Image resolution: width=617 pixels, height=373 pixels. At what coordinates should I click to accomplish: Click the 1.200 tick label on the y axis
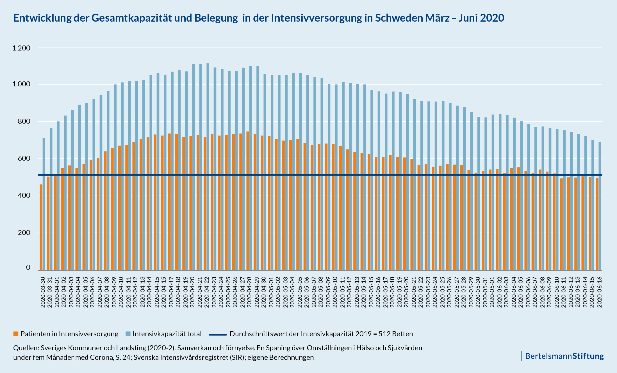coord(21,48)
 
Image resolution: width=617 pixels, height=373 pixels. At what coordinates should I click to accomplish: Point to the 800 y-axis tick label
coord(24,121)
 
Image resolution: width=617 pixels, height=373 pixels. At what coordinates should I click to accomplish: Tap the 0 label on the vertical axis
coord(28,268)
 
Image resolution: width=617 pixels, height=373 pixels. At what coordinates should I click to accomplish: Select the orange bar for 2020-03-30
coord(41,227)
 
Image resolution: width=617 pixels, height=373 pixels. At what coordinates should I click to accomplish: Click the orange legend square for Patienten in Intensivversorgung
coord(16,334)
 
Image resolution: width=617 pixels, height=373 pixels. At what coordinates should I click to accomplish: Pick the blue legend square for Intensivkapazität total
coord(128,334)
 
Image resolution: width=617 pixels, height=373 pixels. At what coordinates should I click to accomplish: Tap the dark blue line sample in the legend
coord(218,334)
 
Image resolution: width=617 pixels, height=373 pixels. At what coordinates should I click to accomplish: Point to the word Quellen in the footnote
coord(26,348)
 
